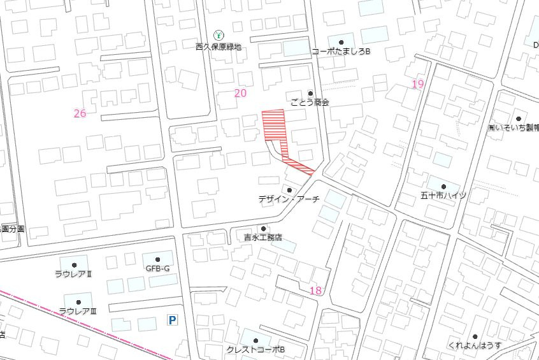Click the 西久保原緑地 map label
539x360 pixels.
tap(219, 47)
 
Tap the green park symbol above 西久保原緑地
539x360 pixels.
tap(219, 34)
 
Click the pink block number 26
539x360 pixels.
tap(80, 113)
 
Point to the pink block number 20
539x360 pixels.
tap(240, 93)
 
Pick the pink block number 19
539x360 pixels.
tap(418, 84)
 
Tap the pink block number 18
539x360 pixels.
tap(315, 291)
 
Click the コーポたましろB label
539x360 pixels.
tap(341, 51)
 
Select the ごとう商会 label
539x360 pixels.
tap(310, 102)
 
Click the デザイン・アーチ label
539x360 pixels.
tap(289, 199)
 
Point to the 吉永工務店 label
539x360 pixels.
tap(262, 237)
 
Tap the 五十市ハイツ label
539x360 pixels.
tap(443, 195)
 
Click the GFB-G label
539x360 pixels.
tap(157, 268)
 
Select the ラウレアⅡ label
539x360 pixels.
tap(74, 274)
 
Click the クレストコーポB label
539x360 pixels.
tap(255, 350)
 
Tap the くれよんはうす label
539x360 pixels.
tap(475, 345)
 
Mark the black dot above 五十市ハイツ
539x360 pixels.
tap(443, 186)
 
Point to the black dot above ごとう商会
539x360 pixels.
tap(311, 94)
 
